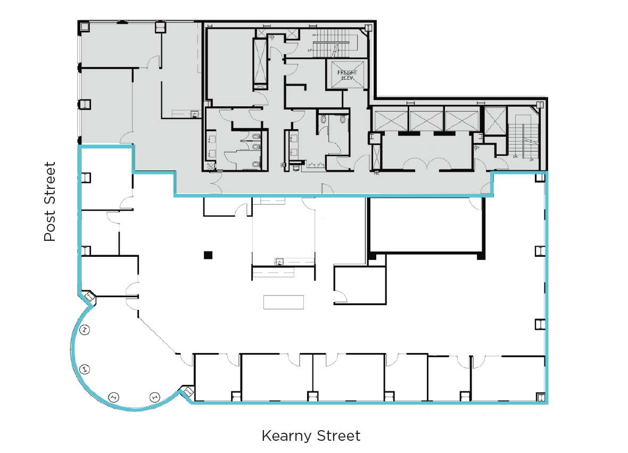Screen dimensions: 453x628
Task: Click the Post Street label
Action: (49, 202)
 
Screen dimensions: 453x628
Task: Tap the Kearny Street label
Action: (311, 436)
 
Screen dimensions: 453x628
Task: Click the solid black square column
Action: (208, 255)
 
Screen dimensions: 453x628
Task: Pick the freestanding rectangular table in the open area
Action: (284, 302)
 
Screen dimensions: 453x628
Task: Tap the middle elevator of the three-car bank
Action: (426, 119)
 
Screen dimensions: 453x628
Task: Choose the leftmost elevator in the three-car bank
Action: (391, 119)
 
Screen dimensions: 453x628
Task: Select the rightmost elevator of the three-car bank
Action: (461, 119)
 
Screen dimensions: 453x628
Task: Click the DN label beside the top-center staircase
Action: (315, 36)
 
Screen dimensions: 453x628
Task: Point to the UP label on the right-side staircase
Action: (531, 159)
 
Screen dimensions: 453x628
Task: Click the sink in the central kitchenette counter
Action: (278, 262)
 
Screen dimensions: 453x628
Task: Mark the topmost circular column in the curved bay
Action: (85, 330)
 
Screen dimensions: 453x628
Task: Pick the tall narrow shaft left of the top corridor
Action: (260, 63)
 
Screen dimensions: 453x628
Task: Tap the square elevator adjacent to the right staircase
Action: (494, 119)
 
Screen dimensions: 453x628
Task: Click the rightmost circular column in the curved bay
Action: (154, 396)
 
